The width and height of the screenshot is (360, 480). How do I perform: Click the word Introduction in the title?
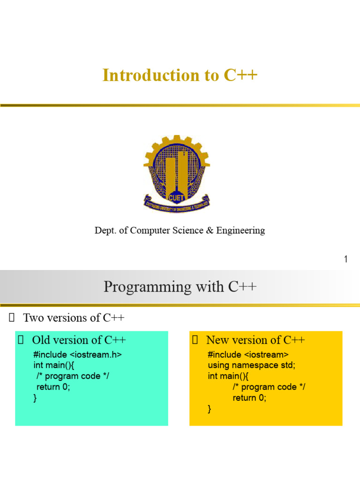[x=150, y=75]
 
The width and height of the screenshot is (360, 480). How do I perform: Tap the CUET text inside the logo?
[x=176, y=198]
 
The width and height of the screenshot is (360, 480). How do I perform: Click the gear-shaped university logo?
[x=177, y=173]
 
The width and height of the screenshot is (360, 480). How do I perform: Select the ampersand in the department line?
[x=210, y=230]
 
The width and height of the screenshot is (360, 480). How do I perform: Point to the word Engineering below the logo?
[x=240, y=231]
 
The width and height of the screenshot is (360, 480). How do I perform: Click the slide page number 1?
[x=345, y=259]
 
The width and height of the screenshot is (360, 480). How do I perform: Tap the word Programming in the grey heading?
[x=148, y=287]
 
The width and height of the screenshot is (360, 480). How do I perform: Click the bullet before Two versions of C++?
[x=12, y=318]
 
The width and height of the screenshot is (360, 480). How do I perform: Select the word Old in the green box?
[x=41, y=340]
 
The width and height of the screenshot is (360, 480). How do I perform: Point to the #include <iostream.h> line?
[x=77, y=354]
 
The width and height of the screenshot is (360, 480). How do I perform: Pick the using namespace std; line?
[x=251, y=365]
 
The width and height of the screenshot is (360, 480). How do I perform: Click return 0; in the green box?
[x=53, y=387]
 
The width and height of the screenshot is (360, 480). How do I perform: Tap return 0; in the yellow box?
[x=249, y=397]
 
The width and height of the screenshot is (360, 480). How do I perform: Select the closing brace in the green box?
[x=35, y=398]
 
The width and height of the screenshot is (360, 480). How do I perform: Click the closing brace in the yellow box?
[x=210, y=409]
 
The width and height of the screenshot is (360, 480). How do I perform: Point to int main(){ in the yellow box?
[x=228, y=376]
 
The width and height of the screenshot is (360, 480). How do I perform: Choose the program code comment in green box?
[x=73, y=376]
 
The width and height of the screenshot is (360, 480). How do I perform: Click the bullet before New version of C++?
[x=195, y=340]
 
